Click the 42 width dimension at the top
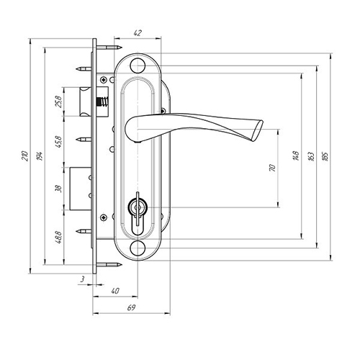point(138,33)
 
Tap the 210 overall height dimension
point(25,156)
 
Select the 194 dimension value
point(40,156)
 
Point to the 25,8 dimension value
point(58,102)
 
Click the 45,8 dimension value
point(58,142)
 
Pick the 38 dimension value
point(58,189)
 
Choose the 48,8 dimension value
point(58,238)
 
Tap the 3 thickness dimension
point(82,279)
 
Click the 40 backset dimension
point(115,291)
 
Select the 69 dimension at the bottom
point(132,307)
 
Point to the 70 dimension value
point(273,168)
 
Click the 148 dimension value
point(296,156)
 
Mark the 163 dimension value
point(311,156)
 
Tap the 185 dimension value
point(325,156)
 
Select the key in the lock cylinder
point(138,209)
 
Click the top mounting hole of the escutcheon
point(138,66)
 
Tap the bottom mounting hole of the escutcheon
point(138,248)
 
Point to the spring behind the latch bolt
point(102,102)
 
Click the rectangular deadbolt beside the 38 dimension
point(81,189)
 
